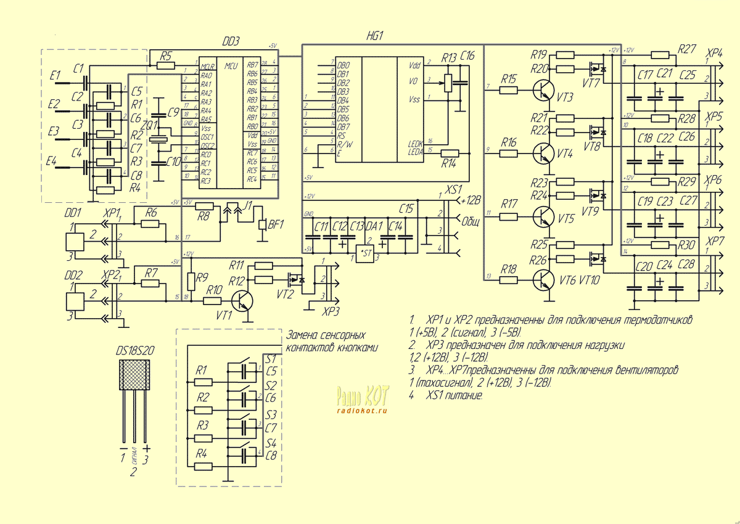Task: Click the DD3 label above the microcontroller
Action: (x=230, y=41)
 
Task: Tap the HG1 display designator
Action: (x=374, y=36)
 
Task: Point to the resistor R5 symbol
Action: (x=165, y=65)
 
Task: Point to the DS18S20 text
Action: (x=135, y=351)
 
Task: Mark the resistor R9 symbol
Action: (x=191, y=281)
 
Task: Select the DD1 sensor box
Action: (x=75, y=242)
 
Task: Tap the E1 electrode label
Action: (x=55, y=76)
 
